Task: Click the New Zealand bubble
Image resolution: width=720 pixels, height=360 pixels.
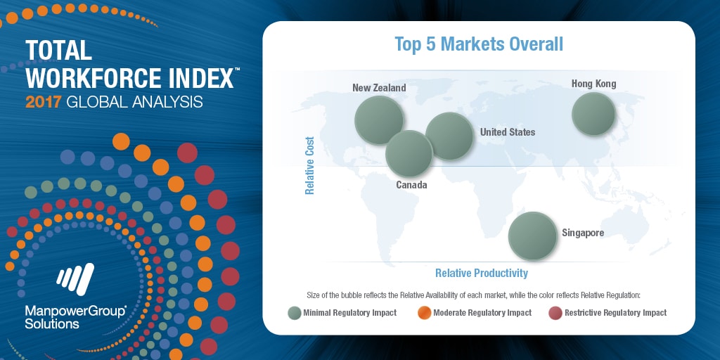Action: [x=379, y=120]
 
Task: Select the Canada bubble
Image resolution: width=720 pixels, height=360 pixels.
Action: [x=409, y=153]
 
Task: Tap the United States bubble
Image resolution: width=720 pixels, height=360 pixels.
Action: [x=449, y=136]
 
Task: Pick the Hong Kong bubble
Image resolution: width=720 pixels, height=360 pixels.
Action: [x=593, y=114]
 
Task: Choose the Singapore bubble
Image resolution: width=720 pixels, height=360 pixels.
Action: [x=533, y=236]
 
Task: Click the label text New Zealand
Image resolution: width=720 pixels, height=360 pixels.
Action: [x=379, y=87]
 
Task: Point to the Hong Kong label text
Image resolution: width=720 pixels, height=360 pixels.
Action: [x=593, y=84]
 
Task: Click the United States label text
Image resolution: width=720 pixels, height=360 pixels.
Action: [x=508, y=132]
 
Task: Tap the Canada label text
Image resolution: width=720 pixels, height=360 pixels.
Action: [x=411, y=185]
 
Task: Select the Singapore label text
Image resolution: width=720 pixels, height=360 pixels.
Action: [x=583, y=233]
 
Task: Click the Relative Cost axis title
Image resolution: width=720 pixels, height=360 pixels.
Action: [x=309, y=165]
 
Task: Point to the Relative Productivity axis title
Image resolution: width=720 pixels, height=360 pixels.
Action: [x=482, y=274]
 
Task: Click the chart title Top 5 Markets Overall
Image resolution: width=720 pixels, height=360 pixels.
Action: [x=479, y=44]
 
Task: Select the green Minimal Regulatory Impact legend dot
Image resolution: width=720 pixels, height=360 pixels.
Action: [x=295, y=313]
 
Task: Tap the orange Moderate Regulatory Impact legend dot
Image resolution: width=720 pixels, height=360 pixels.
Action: [x=425, y=313]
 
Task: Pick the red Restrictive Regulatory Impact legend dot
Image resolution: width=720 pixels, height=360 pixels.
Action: [x=555, y=313]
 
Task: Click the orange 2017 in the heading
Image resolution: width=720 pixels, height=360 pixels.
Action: [x=43, y=101]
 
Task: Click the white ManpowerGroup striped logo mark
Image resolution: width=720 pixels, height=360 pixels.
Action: [x=75, y=279]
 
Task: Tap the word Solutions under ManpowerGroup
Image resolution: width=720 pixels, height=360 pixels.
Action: [x=52, y=323]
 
